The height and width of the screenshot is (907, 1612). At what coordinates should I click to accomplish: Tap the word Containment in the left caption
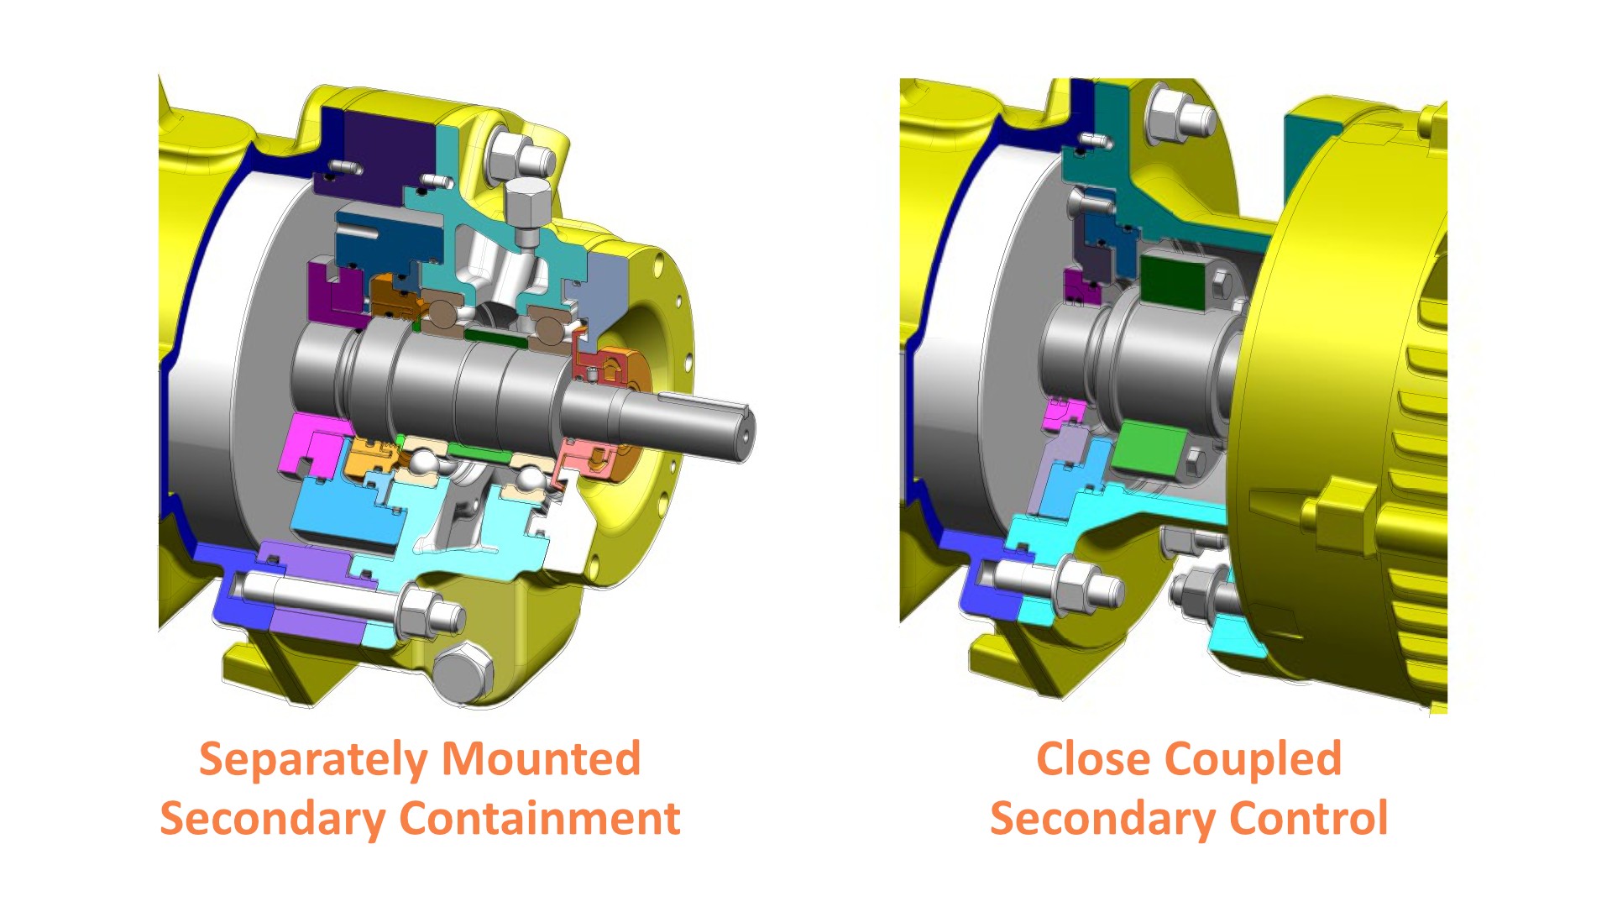coord(539,818)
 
